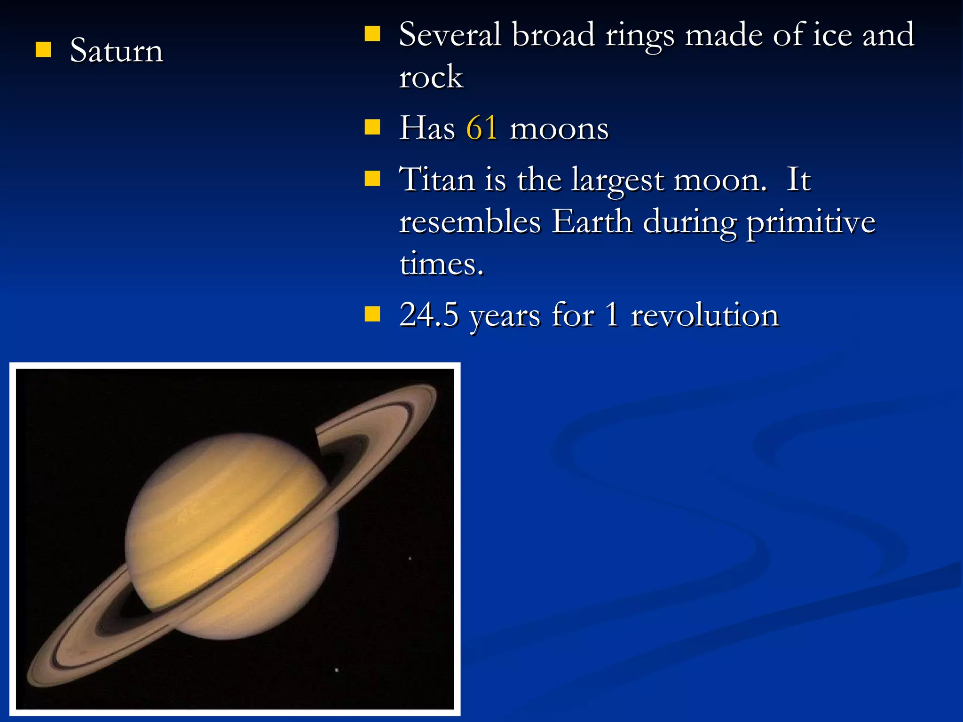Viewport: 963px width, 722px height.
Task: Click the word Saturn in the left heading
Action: (x=116, y=50)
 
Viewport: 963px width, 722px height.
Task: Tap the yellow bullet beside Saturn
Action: (x=43, y=49)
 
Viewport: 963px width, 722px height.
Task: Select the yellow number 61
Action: (x=481, y=128)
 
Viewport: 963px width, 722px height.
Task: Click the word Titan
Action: (x=437, y=180)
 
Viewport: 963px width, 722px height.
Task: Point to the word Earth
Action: (x=592, y=222)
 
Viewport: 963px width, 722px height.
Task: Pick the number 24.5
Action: (x=428, y=314)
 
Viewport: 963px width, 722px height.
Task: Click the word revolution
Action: (x=704, y=314)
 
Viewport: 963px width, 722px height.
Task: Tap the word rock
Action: (x=431, y=77)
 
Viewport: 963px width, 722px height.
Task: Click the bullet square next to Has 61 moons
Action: (x=372, y=127)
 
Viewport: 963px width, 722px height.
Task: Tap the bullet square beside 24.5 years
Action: (x=372, y=314)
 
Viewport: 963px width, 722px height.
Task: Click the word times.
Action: (x=441, y=264)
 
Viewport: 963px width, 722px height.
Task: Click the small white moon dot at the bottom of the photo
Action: (x=337, y=670)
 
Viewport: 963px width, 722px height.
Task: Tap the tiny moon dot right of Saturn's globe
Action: (x=410, y=558)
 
